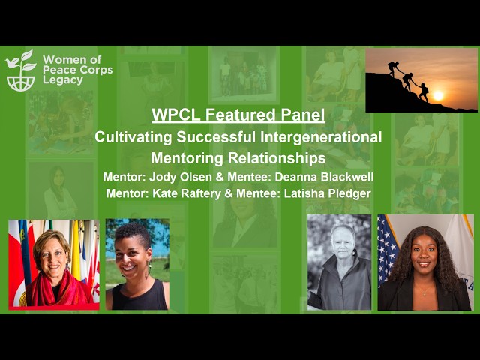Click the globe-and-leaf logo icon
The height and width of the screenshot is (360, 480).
pos(20,70)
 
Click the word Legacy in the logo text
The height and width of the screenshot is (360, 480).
pos(63,79)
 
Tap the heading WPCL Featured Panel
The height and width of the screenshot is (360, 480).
pos(238,115)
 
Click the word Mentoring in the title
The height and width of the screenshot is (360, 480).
pos(187,158)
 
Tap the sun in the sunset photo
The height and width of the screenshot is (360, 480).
pos(437,95)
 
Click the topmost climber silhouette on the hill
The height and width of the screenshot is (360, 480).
pos(392,67)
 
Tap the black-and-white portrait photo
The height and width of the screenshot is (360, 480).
pos(339,262)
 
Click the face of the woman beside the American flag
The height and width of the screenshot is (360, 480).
pos(425,255)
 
